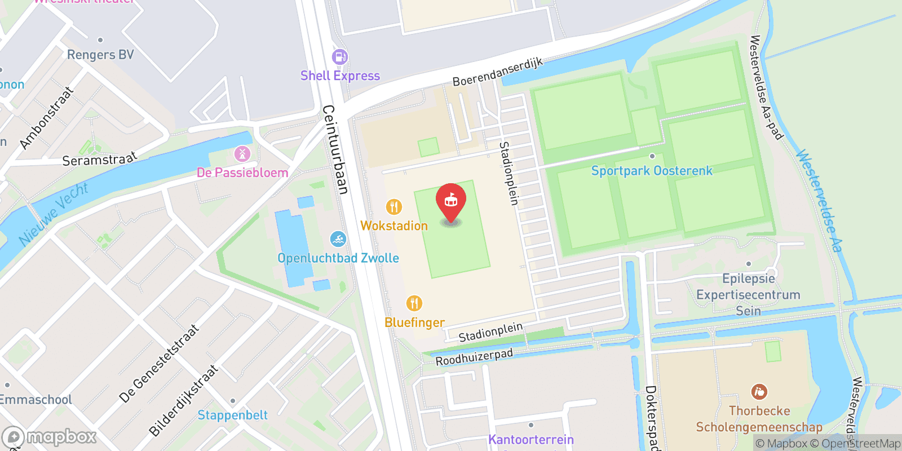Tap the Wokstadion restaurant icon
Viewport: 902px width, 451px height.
pyautogui.click(x=394, y=207)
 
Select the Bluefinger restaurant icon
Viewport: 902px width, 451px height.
pyautogui.click(x=414, y=303)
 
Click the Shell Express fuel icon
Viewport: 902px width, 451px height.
pyautogui.click(x=339, y=57)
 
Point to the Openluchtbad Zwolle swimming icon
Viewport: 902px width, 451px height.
pyautogui.click(x=338, y=240)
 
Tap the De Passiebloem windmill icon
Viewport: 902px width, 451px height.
pyautogui.click(x=242, y=153)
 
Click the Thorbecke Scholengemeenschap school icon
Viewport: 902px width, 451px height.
pyautogui.click(x=759, y=392)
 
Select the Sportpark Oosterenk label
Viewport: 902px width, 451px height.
pyautogui.click(x=652, y=171)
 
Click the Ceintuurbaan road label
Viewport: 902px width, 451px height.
pyautogui.click(x=335, y=149)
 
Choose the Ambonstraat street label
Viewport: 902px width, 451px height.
pyautogui.click(x=46, y=118)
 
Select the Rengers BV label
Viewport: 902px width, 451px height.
pyautogui.click(x=100, y=55)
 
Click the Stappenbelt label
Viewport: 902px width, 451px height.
pyautogui.click(x=232, y=415)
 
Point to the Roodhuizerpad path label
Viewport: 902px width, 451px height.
pyautogui.click(x=474, y=356)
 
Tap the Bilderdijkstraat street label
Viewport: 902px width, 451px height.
pyautogui.click(x=183, y=400)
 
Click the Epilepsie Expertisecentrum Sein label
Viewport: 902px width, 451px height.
pyautogui.click(x=748, y=294)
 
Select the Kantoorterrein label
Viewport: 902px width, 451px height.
pyautogui.click(x=530, y=440)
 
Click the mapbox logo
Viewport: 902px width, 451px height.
pyautogui.click(x=50, y=437)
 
